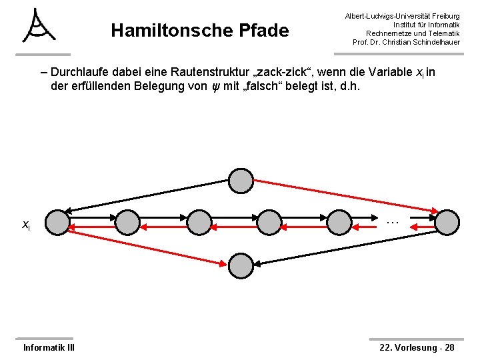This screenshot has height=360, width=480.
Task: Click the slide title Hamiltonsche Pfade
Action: coord(199,31)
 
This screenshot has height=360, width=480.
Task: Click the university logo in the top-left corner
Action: coord(38,27)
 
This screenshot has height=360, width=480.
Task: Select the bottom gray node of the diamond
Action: coord(241,266)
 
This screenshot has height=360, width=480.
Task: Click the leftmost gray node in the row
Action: coord(59,223)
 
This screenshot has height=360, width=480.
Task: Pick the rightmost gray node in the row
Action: coord(447,223)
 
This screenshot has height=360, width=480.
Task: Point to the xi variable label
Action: coord(25,225)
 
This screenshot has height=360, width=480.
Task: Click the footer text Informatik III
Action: coord(49,347)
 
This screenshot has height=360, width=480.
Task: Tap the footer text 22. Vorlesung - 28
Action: coord(417,347)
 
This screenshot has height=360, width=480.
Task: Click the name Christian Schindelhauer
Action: coord(423,43)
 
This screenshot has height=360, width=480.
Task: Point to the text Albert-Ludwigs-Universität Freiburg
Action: coord(401,15)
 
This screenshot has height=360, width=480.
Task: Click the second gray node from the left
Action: coord(128,223)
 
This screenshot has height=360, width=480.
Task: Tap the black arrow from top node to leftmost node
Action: coord(147,196)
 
